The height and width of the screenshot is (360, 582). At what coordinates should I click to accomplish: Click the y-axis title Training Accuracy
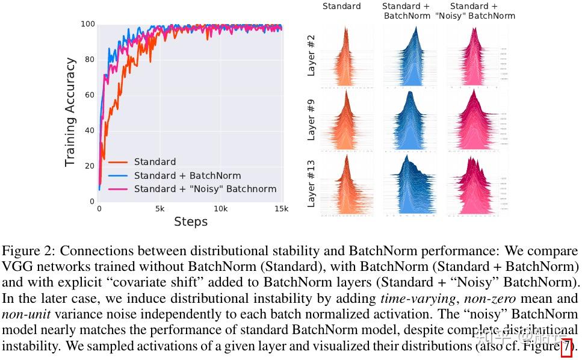click(x=70, y=112)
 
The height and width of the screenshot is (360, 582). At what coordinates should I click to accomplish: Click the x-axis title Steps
click(x=190, y=222)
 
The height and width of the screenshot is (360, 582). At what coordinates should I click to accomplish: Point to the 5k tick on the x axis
click(x=160, y=209)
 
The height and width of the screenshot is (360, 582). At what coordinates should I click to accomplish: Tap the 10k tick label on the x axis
click(x=221, y=209)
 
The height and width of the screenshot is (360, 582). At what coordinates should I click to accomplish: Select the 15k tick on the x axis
click(x=281, y=209)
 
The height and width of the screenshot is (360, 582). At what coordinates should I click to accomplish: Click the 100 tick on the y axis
click(x=88, y=24)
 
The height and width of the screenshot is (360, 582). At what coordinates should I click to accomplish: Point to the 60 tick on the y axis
click(x=90, y=95)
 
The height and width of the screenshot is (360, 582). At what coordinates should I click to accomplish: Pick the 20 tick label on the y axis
click(x=90, y=166)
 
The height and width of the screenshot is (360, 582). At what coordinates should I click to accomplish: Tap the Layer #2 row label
click(x=311, y=55)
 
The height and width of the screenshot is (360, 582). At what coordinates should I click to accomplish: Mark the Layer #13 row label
click(x=311, y=183)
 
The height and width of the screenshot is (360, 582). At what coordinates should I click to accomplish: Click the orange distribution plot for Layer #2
click(x=346, y=57)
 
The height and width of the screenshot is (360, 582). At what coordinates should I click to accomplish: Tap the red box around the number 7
click(x=566, y=347)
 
